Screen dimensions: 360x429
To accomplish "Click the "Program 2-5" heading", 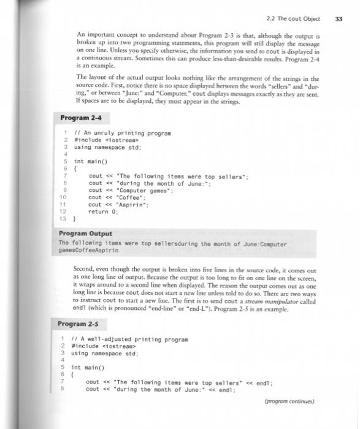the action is point(78,324).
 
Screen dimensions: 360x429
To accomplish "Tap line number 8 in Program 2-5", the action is point(63,388).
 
